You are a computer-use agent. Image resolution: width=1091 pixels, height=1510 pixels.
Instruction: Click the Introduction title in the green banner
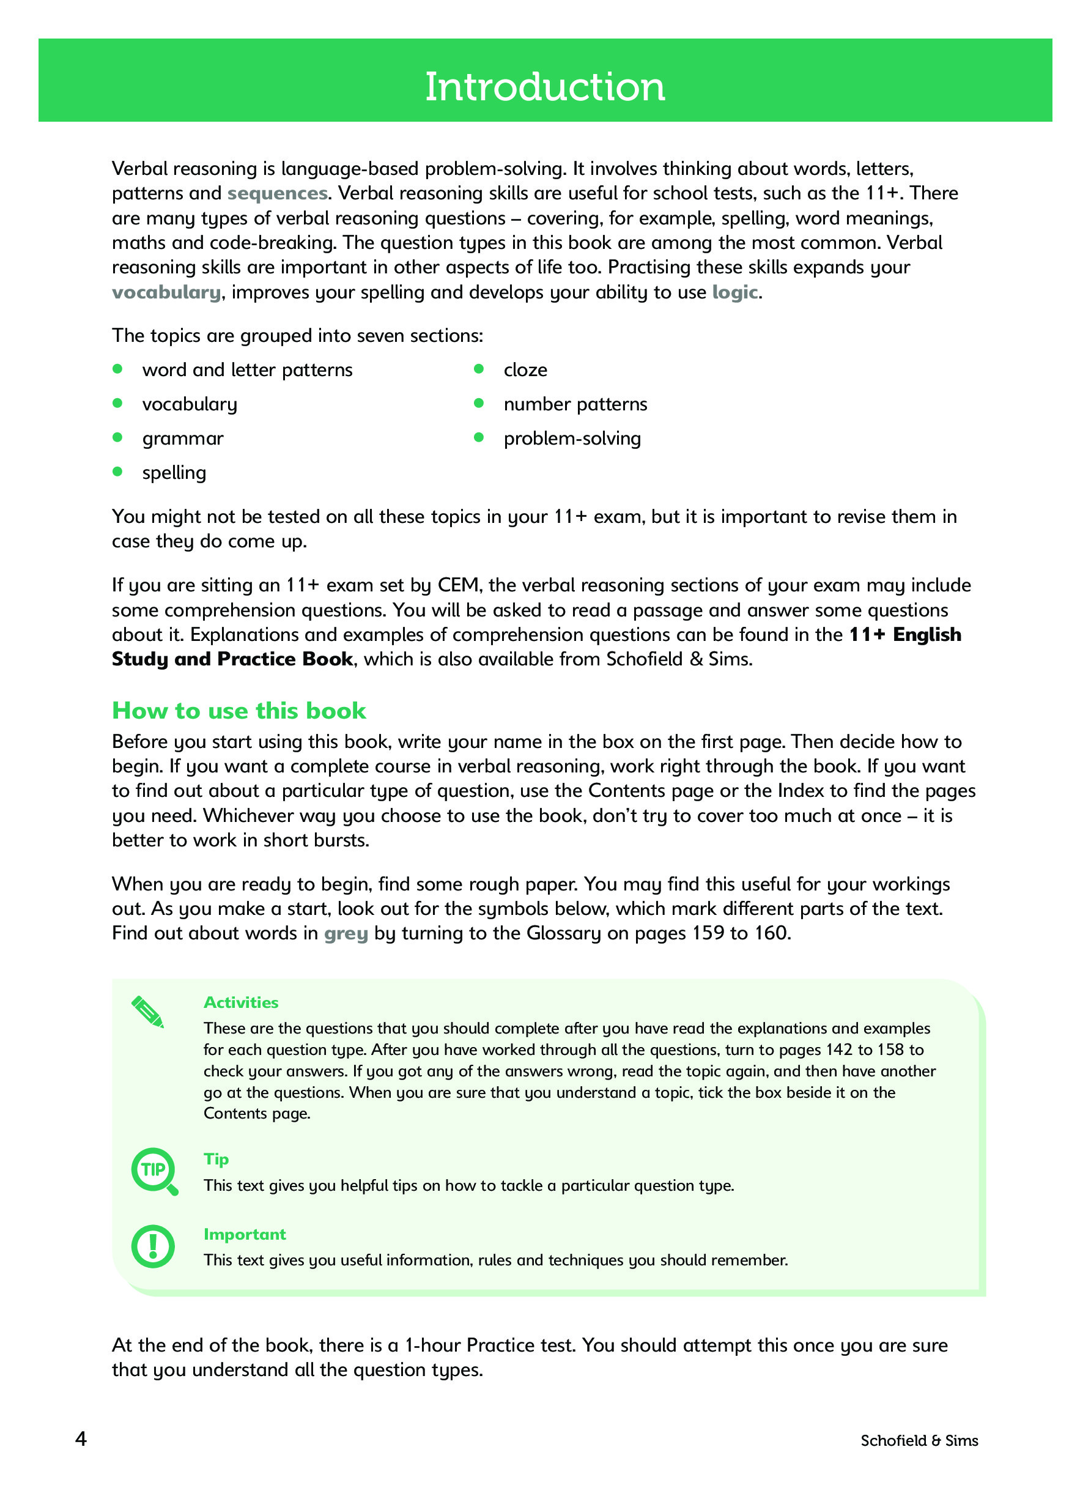(x=544, y=87)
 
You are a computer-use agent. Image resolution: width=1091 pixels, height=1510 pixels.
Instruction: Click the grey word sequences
(x=277, y=193)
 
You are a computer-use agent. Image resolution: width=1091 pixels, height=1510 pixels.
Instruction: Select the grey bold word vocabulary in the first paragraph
(x=166, y=292)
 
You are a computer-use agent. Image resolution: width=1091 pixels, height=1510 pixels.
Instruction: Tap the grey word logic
(x=734, y=292)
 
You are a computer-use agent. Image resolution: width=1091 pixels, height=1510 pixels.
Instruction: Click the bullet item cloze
(x=525, y=370)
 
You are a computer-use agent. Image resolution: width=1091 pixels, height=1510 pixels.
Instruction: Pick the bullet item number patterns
(x=575, y=404)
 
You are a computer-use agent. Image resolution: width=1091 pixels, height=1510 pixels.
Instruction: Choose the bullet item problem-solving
(x=572, y=439)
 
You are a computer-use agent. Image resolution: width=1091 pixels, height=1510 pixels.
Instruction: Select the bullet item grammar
(x=182, y=439)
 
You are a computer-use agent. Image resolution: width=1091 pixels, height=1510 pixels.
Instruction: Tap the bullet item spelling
(x=174, y=473)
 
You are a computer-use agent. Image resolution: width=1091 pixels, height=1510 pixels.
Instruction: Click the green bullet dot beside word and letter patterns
(x=118, y=369)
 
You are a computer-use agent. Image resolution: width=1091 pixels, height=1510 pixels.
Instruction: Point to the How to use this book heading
(x=239, y=711)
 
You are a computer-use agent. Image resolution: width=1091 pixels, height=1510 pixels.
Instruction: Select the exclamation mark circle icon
(x=153, y=1246)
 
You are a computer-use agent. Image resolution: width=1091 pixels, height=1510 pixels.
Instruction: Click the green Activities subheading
(x=241, y=1002)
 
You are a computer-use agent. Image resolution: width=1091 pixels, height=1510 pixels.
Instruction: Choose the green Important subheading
(x=244, y=1234)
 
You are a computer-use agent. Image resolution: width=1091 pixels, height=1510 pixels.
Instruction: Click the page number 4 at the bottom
(x=81, y=1440)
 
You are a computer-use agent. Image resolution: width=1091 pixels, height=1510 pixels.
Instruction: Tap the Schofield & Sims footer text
(x=919, y=1441)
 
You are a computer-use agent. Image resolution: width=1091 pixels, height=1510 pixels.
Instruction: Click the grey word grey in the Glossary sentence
(x=346, y=933)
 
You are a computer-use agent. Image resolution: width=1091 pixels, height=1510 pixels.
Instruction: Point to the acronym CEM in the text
(x=458, y=585)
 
